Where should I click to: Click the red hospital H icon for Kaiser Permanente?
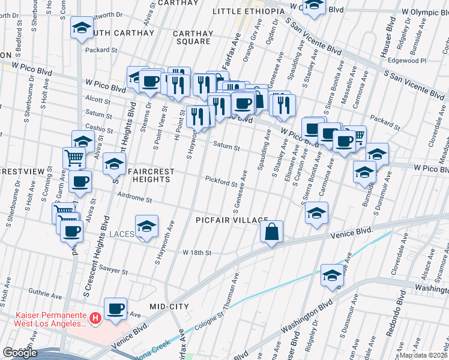point(94,317)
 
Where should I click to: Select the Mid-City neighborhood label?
point(169,307)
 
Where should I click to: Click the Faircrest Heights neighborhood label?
point(150,175)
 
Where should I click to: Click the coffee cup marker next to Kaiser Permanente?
point(116,309)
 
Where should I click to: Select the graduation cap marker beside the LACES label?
point(146,226)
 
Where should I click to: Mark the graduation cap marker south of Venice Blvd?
point(332,275)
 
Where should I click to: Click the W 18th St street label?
point(197,253)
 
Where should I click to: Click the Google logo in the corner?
point(19,353)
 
